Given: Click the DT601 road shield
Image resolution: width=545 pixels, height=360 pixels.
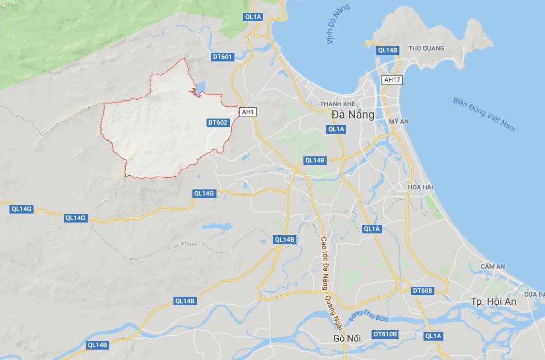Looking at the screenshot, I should pos(222,57).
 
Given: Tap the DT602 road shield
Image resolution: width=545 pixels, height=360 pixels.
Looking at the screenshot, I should pos(218,122).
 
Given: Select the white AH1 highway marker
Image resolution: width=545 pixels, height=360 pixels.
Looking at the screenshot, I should pos(248,112).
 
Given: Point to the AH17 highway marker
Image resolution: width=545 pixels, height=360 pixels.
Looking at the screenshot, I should pos(392,80).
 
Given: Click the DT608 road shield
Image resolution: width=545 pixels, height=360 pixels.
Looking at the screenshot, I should pos(422,291).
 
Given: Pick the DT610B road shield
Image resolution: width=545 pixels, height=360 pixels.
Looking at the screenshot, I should pos(385,334).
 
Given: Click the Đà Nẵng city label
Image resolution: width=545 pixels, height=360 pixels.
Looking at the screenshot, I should pos(353,114).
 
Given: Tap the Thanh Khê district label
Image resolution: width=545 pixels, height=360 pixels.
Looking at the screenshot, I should pos(337,104).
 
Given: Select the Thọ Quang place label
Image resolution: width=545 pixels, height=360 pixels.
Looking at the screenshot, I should pos(426,48).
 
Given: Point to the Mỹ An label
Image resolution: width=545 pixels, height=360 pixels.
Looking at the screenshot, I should pos(399,121).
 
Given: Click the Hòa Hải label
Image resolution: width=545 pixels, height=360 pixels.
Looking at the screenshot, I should pos(421,187).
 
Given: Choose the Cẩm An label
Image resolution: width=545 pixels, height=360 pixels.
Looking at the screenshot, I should pos(493,266).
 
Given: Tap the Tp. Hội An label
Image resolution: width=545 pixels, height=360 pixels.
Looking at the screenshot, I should pos(493,301).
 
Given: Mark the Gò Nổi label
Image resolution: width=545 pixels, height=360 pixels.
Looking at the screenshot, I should pos(347,338).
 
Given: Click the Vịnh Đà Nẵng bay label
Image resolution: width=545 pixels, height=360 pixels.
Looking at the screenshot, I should pos(338,24).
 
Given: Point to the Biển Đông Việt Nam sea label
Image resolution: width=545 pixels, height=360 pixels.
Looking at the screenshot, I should pos(484,114).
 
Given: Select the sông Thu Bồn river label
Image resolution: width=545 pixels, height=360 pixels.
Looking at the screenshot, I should pos(368,310).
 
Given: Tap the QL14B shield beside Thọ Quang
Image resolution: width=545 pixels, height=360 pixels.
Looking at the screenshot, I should pos(388,50).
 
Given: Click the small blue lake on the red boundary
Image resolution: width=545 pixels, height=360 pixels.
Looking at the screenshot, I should pos(199,87).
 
